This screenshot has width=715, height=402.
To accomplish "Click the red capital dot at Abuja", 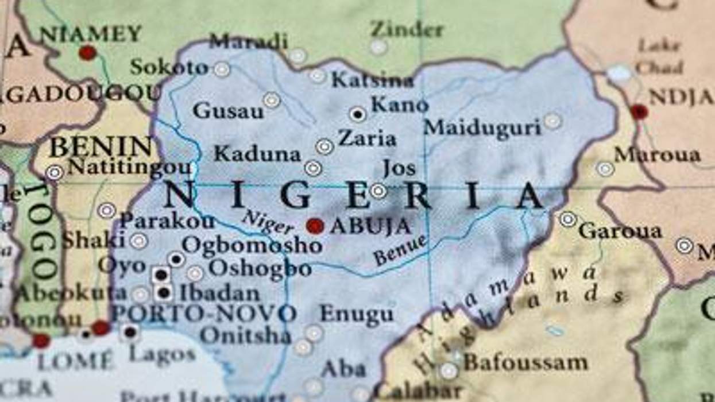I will point(315,226).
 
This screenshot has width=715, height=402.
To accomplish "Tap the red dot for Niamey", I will point(87,53).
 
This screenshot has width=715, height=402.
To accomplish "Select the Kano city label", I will point(400,105).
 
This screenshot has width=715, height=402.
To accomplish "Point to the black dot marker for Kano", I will point(358,114).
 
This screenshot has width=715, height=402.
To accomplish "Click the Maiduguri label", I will point(482,127).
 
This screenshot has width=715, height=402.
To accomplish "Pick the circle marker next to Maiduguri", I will point(552,121).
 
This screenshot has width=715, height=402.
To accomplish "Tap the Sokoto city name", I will point(169,68).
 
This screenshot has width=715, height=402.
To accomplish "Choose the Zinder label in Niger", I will point(407,29).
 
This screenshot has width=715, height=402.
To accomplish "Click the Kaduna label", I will point(257,154).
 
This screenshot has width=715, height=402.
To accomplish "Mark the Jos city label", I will point(399,168).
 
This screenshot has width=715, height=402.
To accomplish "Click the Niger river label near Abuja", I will point(268,222).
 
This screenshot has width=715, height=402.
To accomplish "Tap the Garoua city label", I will point(620,231).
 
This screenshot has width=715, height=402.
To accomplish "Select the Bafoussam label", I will point(525,362).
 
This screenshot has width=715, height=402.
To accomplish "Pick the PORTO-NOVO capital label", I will point(204,314).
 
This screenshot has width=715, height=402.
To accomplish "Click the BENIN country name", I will point(101,147).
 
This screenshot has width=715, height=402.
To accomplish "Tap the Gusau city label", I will point(228,110).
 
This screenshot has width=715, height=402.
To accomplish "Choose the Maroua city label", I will point(657,154).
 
